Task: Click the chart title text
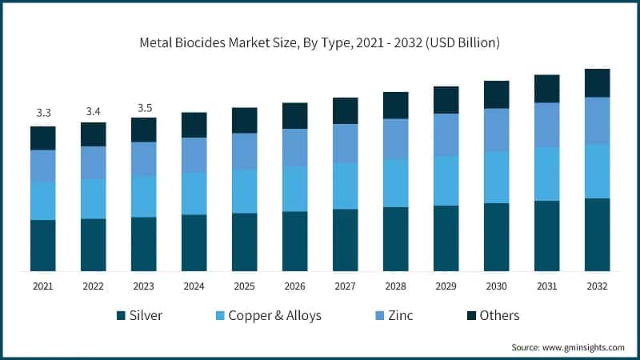point(319,42)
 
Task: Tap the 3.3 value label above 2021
point(43,113)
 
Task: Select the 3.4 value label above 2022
point(94,110)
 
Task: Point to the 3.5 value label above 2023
point(144,106)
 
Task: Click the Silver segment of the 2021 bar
point(43,245)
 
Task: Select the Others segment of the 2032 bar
point(597,82)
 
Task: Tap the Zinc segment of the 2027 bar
point(346,143)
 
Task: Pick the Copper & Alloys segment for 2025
point(245,191)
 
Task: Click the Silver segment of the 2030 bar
point(496,237)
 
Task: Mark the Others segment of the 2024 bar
point(194,125)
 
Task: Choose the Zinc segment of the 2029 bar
point(446,134)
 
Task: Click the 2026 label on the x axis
point(295,286)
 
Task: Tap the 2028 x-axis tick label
point(395,286)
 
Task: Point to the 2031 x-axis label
point(546,286)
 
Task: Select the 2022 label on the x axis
point(94,286)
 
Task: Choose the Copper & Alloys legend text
point(274,315)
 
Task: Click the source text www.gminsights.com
point(568,347)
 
